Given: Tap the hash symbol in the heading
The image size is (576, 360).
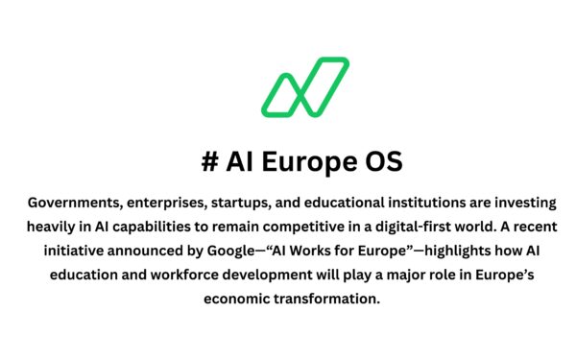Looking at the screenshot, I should (x=208, y=162).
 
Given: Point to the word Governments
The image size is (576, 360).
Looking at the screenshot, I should (x=72, y=204).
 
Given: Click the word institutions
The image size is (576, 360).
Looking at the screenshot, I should (x=431, y=204).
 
